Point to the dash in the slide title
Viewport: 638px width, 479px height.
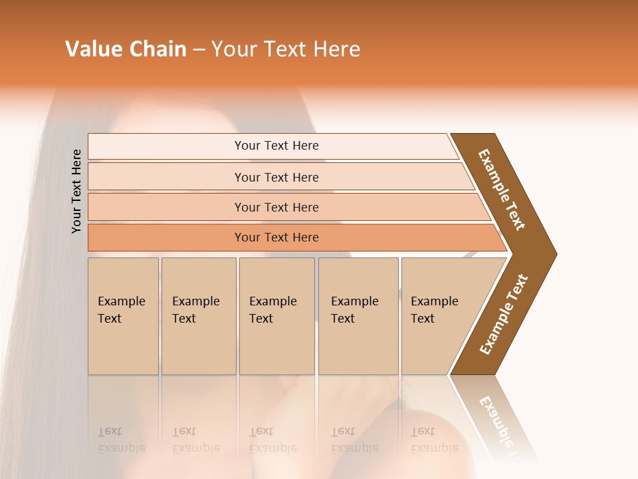[199, 50]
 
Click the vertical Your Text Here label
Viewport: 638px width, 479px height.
[76, 191]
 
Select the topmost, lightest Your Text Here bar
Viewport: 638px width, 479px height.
[276, 146]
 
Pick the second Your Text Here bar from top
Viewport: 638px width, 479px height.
[276, 177]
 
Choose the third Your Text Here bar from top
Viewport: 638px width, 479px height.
[276, 207]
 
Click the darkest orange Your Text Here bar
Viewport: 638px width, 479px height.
[276, 238]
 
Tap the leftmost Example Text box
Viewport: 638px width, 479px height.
[123, 316]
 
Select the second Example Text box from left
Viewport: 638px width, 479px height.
[199, 316]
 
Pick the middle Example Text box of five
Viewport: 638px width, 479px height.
[276, 316]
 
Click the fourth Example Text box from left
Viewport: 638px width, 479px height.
[358, 316]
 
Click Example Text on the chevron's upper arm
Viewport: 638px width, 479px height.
[502, 190]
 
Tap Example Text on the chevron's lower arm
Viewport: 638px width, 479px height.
[504, 315]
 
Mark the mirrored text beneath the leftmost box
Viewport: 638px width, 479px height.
[121, 440]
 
